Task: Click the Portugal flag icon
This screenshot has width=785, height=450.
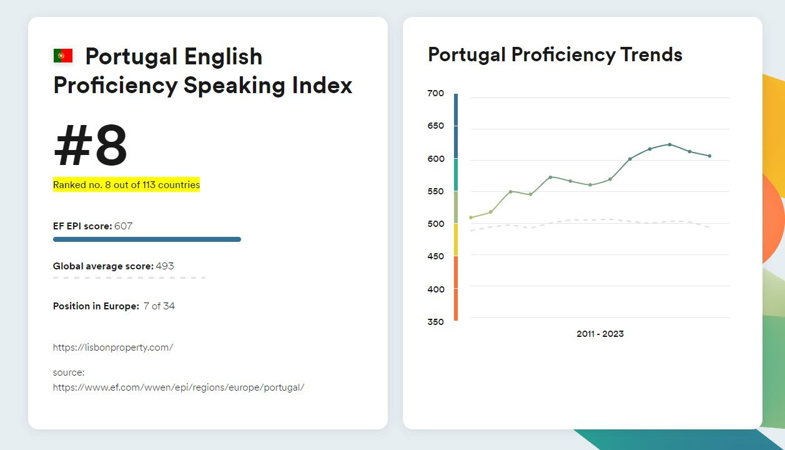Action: pyautogui.click(x=62, y=56)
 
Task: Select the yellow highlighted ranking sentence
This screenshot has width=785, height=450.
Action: pyautogui.click(x=126, y=185)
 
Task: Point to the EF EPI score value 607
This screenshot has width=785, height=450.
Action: pyautogui.click(x=123, y=226)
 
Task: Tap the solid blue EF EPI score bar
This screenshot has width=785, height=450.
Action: pyautogui.click(x=147, y=239)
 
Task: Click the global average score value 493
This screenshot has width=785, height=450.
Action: pyautogui.click(x=165, y=266)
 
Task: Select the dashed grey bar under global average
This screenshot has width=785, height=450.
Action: pyautogui.click(x=129, y=277)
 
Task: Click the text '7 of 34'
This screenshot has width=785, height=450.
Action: pyautogui.click(x=159, y=306)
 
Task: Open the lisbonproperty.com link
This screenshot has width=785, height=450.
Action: pyautogui.click(x=113, y=347)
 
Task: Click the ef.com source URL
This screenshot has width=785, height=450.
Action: pyautogui.click(x=179, y=387)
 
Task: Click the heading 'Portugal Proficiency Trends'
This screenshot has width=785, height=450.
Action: pyautogui.click(x=555, y=55)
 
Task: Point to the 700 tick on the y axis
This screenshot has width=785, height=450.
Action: pyautogui.click(x=436, y=94)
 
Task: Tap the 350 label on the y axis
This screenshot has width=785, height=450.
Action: pyautogui.click(x=436, y=322)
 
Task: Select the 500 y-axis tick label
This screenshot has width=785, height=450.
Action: pyautogui.click(x=436, y=224)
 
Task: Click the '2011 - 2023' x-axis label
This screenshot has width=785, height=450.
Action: pyautogui.click(x=600, y=334)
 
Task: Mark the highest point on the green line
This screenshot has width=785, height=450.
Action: pyautogui.click(x=669, y=144)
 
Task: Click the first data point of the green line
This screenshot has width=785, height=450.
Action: pyautogui.click(x=471, y=217)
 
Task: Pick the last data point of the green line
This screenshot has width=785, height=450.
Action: pyautogui.click(x=709, y=156)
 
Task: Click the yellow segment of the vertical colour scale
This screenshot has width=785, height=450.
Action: pyautogui.click(x=456, y=239)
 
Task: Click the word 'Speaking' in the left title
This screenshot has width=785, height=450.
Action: pyautogui.click(x=234, y=85)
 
